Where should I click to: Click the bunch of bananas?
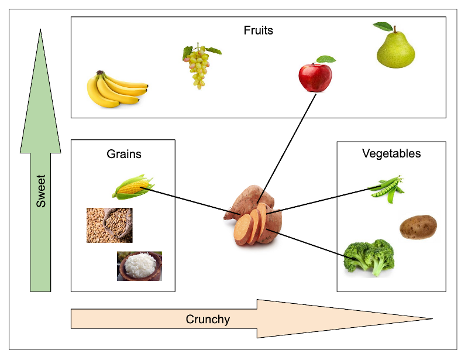tap(116, 90)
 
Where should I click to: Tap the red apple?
tap(315, 77)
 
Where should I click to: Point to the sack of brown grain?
tap(109, 225)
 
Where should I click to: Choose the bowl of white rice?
tap(139, 266)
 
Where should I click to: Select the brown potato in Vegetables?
tap(418, 227)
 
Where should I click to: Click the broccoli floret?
tap(369, 256)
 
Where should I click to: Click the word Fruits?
tap(258, 30)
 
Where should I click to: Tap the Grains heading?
tap(124, 155)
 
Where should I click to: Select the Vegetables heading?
tap(391, 154)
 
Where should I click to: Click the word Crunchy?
tap(208, 320)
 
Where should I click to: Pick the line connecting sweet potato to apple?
tap(287, 146)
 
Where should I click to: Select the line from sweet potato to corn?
tap(193, 200)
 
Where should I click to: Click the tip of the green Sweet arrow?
tap(40, 31)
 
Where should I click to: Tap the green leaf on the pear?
tap(383, 26)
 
